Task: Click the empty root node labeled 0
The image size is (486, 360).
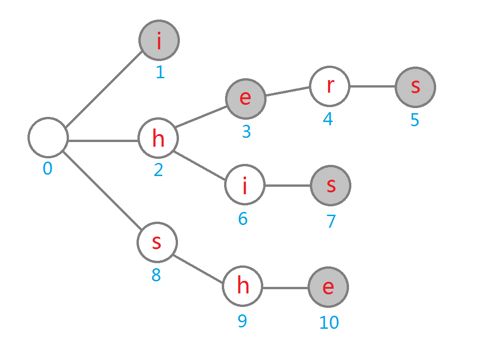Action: (48, 138)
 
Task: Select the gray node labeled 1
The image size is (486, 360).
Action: (159, 41)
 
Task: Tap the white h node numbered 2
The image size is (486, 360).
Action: (158, 138)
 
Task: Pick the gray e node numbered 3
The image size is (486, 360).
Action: (246, 99)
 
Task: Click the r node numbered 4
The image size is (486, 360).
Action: (329, 87)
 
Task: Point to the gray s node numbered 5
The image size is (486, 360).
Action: (415, 87)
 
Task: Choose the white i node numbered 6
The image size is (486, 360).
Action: (245, 185)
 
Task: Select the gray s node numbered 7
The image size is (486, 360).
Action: (330, 185)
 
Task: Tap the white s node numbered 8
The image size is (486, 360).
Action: (157, 242)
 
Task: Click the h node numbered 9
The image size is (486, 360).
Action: (242, 286)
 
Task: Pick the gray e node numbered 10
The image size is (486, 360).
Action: (328, 287)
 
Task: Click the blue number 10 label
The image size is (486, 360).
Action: (329, 322)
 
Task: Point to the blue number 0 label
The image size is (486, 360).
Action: (48, 169)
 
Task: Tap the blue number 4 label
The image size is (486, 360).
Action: (328, 119)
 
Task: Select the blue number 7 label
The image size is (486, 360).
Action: (331, 221)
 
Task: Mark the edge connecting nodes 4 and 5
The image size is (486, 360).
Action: (372, 87)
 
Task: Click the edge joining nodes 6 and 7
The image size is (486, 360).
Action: (287, 185)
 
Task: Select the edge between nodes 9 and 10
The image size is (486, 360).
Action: (285, 287)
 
